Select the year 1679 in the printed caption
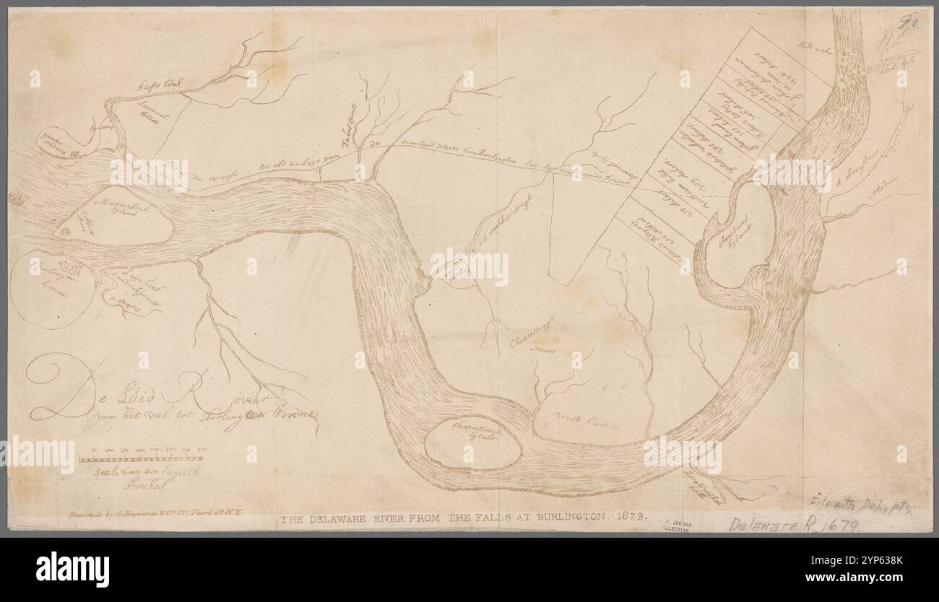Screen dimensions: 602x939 632,517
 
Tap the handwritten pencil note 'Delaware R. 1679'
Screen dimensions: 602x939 794,524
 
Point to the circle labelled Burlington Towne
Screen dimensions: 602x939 49,289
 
